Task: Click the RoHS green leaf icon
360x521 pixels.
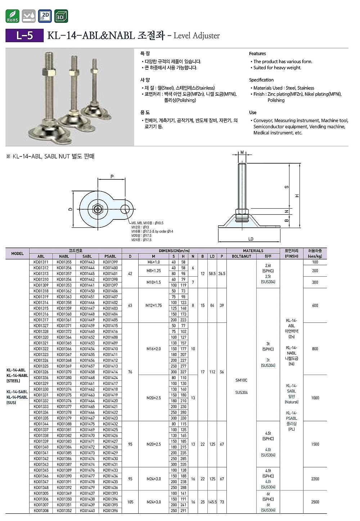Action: pos(13,16)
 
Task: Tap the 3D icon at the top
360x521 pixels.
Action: pos(61,16)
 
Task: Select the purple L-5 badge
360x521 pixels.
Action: pos(24,35)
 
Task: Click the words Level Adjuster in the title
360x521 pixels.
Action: pos(197,36)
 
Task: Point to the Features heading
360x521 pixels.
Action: pos(257,53)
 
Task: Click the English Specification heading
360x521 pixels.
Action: pos(261,80)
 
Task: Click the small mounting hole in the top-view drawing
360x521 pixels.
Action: pos(126,208)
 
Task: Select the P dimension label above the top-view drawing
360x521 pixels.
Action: pos(112,177)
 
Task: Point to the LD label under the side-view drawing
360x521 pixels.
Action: pos(251,239)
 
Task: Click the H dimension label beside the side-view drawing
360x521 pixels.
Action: pos(297,196)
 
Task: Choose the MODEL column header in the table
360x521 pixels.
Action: pos(17,254)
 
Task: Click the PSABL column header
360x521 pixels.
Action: pos(110,257)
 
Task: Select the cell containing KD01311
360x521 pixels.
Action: pos(41,262)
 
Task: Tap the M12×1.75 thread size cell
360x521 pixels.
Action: pos(154,306)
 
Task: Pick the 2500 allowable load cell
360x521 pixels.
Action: pos(315,502)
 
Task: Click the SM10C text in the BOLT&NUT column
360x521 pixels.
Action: pos(241,380)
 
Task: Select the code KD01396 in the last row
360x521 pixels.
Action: pos(110,511)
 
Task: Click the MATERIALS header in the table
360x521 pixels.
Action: pos(253,251)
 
